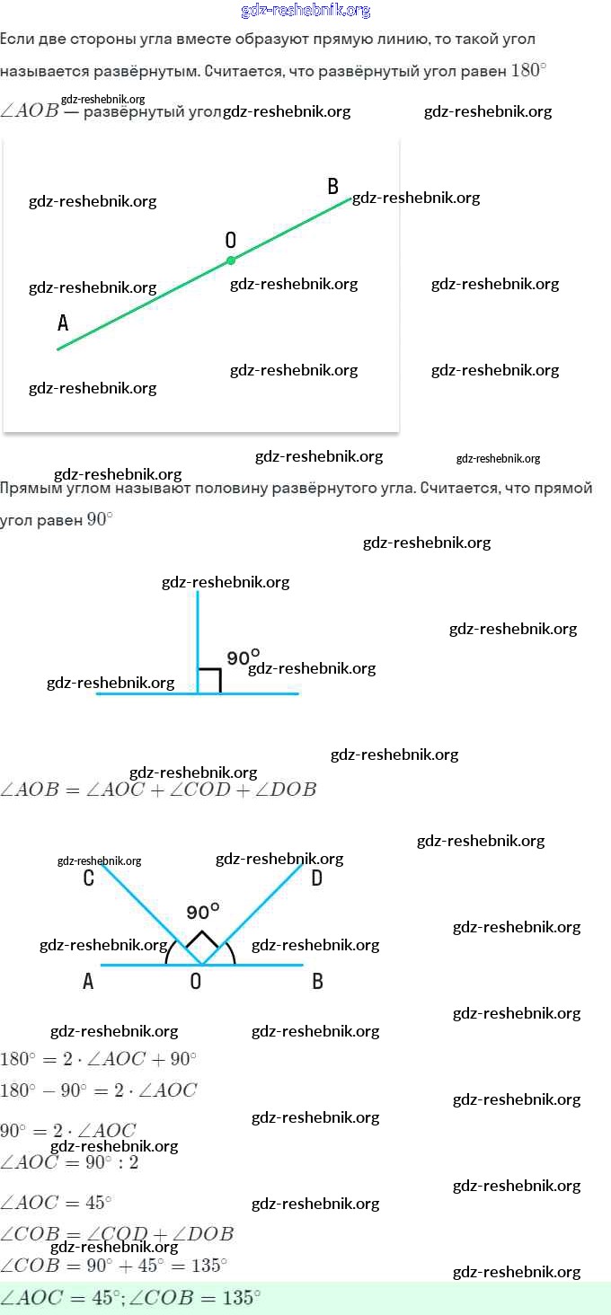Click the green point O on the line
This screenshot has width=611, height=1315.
pos(231,260)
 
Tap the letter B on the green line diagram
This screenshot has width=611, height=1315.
pos(333,187)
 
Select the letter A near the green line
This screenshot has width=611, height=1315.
pos(63,323)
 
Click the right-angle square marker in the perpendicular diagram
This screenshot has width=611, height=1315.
pos(209,681)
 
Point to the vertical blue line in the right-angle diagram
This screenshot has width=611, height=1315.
pos(198,629)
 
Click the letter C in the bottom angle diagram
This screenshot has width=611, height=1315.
pos(88,878)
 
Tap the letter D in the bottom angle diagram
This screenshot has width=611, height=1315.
pos(316,878)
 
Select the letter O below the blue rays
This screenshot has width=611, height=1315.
pos(196,982)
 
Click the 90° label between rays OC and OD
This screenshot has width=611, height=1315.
pos(203,913)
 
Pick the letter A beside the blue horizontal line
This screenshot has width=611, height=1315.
pos(88,982)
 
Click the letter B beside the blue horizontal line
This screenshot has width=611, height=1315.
pos(317,982)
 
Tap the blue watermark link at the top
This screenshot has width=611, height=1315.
pos(305,11)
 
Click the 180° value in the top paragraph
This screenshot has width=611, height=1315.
pos(528,70)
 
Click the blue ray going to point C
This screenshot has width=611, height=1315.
pos(144,907)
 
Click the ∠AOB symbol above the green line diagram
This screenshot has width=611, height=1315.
pos(29,111)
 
